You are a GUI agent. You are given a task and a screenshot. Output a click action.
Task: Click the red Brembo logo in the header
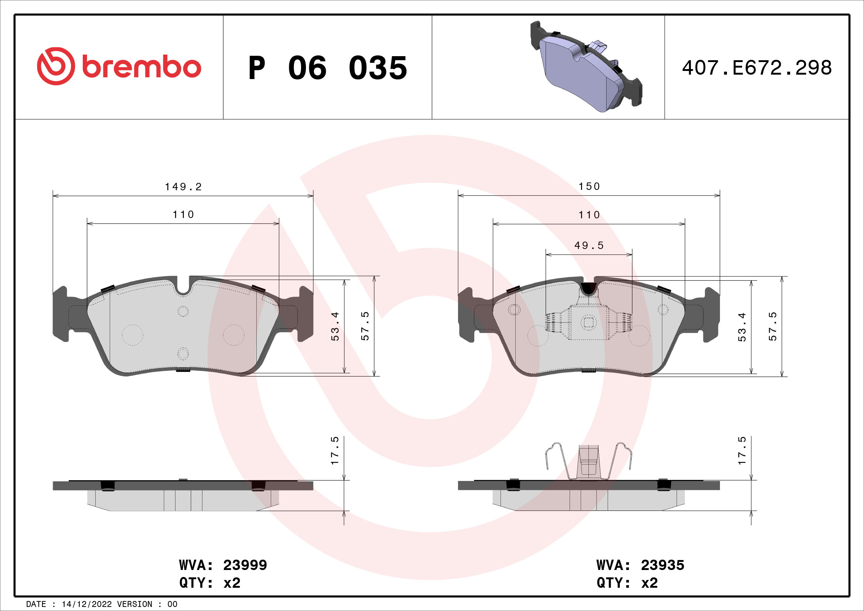click(x=119, y=66)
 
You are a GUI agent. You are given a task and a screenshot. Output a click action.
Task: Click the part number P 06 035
click(x=327, y=68)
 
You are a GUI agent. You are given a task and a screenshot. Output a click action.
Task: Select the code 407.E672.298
click(x=757, y=68)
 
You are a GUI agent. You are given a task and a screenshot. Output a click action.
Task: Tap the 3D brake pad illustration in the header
click(x=586, y=66)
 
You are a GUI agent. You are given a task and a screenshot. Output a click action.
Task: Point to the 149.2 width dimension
click(x=183, y=187)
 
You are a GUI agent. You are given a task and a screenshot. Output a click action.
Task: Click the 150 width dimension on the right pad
click(x=589, y=187)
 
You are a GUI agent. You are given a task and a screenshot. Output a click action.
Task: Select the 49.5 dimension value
click(x=589, y=246)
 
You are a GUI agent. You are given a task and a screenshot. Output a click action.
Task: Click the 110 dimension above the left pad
click(x=183, y=215)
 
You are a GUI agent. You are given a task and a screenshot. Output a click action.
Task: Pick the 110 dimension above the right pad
click(x=589, y=215)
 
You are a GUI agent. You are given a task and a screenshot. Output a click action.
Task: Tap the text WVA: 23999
click(x=223, y=565)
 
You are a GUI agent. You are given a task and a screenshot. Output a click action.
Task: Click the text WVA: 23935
click(x=640, y=565)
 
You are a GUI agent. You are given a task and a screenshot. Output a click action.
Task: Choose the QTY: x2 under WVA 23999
click(x=209, y=583)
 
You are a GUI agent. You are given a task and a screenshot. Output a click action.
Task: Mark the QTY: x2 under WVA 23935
click(x=627, y=583)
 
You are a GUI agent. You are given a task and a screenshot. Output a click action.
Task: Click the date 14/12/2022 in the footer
click(x=86, y=604)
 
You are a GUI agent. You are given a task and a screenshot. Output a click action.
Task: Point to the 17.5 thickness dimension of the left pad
click(x=335, y=451)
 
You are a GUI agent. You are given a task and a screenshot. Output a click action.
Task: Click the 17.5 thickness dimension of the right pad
click(x=742, y=451)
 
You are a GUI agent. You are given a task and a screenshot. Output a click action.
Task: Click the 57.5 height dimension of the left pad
click(x=365, y=326)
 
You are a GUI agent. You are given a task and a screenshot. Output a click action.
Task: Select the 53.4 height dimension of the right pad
click(x=742, y=327)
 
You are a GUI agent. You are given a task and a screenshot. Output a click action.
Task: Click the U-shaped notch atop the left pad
click(x=183, y=288)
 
